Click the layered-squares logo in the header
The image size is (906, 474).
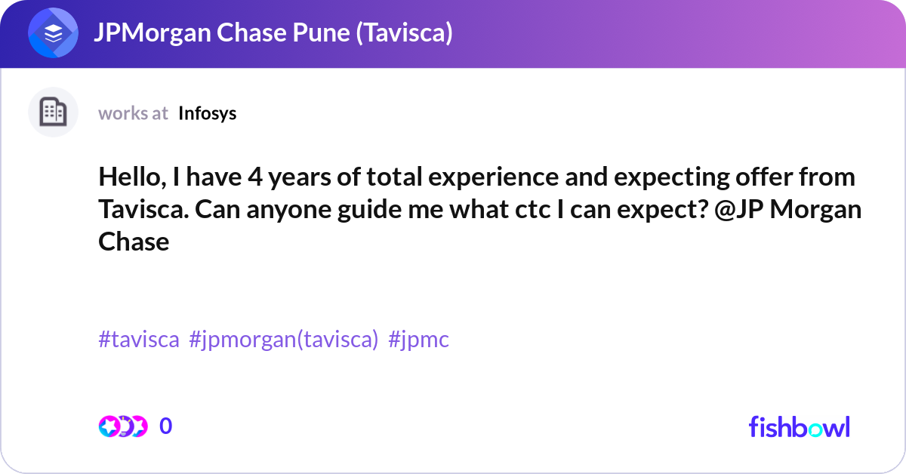coord(54,34)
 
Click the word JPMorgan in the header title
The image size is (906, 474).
coord(143,34)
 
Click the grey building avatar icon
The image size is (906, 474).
coord(53,112)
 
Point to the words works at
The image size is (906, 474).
coord(133,113)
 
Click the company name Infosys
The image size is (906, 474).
coord(208,113)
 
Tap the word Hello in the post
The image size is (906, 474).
coord(129,177)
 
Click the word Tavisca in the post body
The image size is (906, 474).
coord(140,209)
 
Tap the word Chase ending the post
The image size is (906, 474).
coord(134,242)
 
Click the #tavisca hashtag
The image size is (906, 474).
coord(139,340)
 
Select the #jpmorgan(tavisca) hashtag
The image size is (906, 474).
coord(283,340)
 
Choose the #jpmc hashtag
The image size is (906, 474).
coord(418,340)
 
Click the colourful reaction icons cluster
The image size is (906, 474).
coord(122,426)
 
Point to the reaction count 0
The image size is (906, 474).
coord(166,426)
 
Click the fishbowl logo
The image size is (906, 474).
coord(799,426)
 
